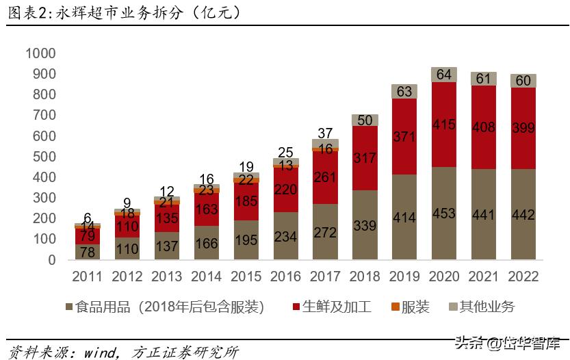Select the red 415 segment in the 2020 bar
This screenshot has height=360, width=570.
pos(444,125)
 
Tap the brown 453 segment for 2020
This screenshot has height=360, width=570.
pos(444,214)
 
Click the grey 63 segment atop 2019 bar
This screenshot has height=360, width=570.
pos(404,92)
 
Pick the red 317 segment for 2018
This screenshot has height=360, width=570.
pos(365,158)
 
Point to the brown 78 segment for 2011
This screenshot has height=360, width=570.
pos(88,252)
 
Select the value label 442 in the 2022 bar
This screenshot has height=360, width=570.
pos(523,215)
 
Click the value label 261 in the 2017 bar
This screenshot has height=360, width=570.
pos(325,177)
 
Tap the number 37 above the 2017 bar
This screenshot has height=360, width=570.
pos(325,133)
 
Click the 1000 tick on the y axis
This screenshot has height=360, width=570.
pos(40,53)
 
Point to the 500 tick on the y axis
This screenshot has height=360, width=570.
pos(44,157)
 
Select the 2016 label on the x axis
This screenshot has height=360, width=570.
pos(285,277)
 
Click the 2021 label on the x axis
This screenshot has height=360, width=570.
pos(484,277)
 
